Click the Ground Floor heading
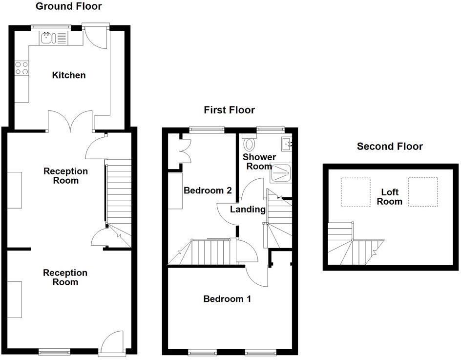69,6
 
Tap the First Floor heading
229,110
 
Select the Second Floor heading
389,146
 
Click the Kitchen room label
69,75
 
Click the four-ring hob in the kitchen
21,68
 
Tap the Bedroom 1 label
227,298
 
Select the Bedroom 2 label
207,191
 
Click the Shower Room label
259,162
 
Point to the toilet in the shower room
250,144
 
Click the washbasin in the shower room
286,143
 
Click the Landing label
248,210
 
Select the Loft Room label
389,197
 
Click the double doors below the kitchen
71,121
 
